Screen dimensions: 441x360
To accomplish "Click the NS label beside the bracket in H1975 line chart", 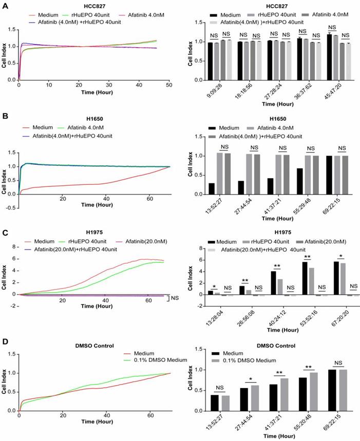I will tap(176, 298).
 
